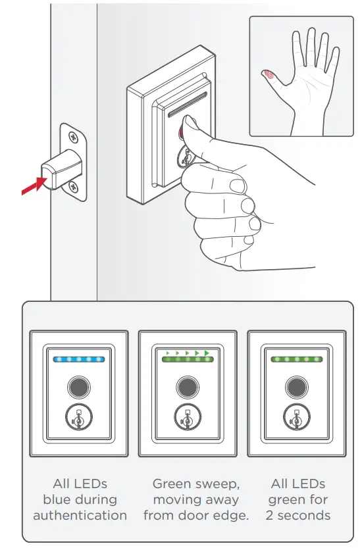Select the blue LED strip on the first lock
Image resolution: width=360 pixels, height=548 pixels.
[x=78, y=360]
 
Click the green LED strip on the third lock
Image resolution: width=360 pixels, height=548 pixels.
[x=296, y=360]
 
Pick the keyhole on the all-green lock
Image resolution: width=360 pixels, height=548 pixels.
[x=296, y=416]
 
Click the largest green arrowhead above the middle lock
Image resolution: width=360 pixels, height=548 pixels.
[x=207, y=354]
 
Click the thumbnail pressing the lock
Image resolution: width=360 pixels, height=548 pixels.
[x=191, y=126]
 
